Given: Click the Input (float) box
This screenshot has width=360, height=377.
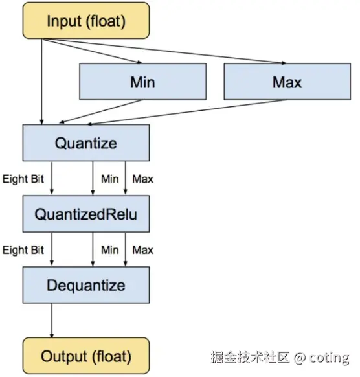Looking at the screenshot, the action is [x=86, y=21].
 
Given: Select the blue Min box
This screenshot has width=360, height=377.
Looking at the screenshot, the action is [x=142, y=82].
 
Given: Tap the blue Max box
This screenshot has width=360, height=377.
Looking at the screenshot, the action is [x=287, y=82].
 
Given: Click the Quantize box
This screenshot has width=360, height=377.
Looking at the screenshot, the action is [x=86, y=143].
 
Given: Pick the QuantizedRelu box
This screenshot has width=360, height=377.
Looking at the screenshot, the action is [x=86, y=214].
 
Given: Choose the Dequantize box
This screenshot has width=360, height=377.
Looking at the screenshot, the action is [x=86, y=284].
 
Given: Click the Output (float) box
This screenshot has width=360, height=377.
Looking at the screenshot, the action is [x=86, y=356].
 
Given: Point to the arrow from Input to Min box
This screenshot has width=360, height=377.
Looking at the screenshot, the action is [x=92, y=51].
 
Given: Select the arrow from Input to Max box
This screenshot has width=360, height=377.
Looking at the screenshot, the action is [x=164, y=51].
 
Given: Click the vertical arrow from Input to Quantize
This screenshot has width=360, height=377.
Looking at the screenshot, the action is [x=42, y=82].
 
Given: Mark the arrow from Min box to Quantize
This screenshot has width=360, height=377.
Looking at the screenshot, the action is [x=101, y=111].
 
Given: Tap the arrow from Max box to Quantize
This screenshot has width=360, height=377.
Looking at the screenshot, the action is [x=188, y=112].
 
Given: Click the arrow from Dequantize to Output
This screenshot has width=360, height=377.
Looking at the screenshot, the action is [x=52, y=320].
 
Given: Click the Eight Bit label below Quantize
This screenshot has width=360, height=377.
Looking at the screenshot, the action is [x=23, y=179].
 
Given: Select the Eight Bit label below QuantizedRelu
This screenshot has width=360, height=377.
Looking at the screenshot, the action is [x=23, y=250].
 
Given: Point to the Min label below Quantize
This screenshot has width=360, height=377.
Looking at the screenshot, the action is [x=110, y=179].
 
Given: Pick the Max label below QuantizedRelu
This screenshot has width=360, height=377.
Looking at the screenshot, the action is [x=142, y=250].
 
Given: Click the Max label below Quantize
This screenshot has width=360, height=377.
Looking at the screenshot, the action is [x=142, y=179].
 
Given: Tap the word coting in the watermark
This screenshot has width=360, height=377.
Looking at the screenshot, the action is [x=329, y=358].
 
